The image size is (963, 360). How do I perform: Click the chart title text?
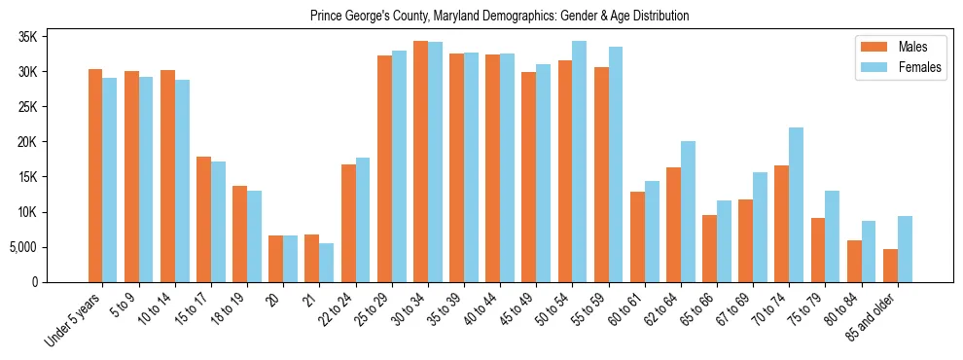499,16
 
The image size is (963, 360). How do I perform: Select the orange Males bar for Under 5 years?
95,175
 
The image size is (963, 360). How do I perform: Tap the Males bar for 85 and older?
890,266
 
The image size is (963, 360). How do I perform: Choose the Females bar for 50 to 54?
580,162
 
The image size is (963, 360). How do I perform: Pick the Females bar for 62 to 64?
688,211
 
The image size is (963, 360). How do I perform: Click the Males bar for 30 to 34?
420,162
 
